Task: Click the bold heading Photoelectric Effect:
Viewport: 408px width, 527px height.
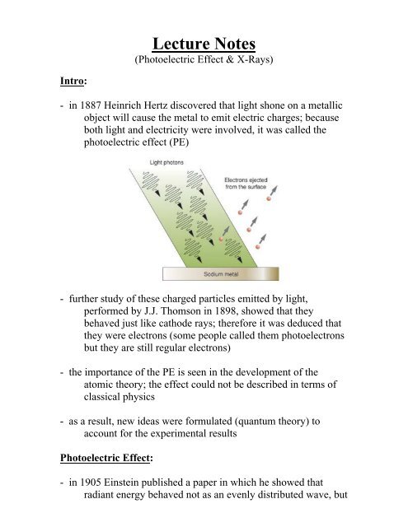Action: [x=104, y=480]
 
